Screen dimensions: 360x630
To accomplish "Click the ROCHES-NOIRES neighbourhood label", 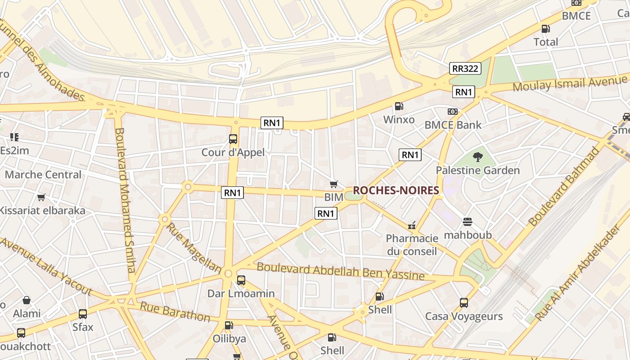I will (396, 190).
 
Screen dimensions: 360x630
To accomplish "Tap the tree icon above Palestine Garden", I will (477, 157).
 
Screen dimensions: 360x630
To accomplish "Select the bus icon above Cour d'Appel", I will (233, 139).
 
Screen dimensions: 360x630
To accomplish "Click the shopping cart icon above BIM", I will (333, 184).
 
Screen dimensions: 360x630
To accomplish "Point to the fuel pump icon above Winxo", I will (399, 106).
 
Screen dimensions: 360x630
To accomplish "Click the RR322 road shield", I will (465, 68).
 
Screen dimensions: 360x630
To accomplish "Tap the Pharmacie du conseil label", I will (412, 244).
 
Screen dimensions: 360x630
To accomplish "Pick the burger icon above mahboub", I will (468, 221).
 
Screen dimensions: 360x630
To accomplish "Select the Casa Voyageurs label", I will (464, 316).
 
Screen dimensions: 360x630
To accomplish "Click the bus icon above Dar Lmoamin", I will (241, 280).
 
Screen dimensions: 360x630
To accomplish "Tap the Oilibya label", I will (229, 338).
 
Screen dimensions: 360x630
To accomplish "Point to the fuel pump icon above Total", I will (545, 29).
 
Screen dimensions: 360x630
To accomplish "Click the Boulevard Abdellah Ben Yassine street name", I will (340, 271).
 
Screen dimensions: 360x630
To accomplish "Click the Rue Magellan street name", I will (193, 247).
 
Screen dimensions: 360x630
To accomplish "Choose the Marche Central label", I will (43, 175).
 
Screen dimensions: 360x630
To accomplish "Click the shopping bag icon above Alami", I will (27, 300).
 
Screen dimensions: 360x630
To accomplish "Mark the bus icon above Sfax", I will (83, 314).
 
